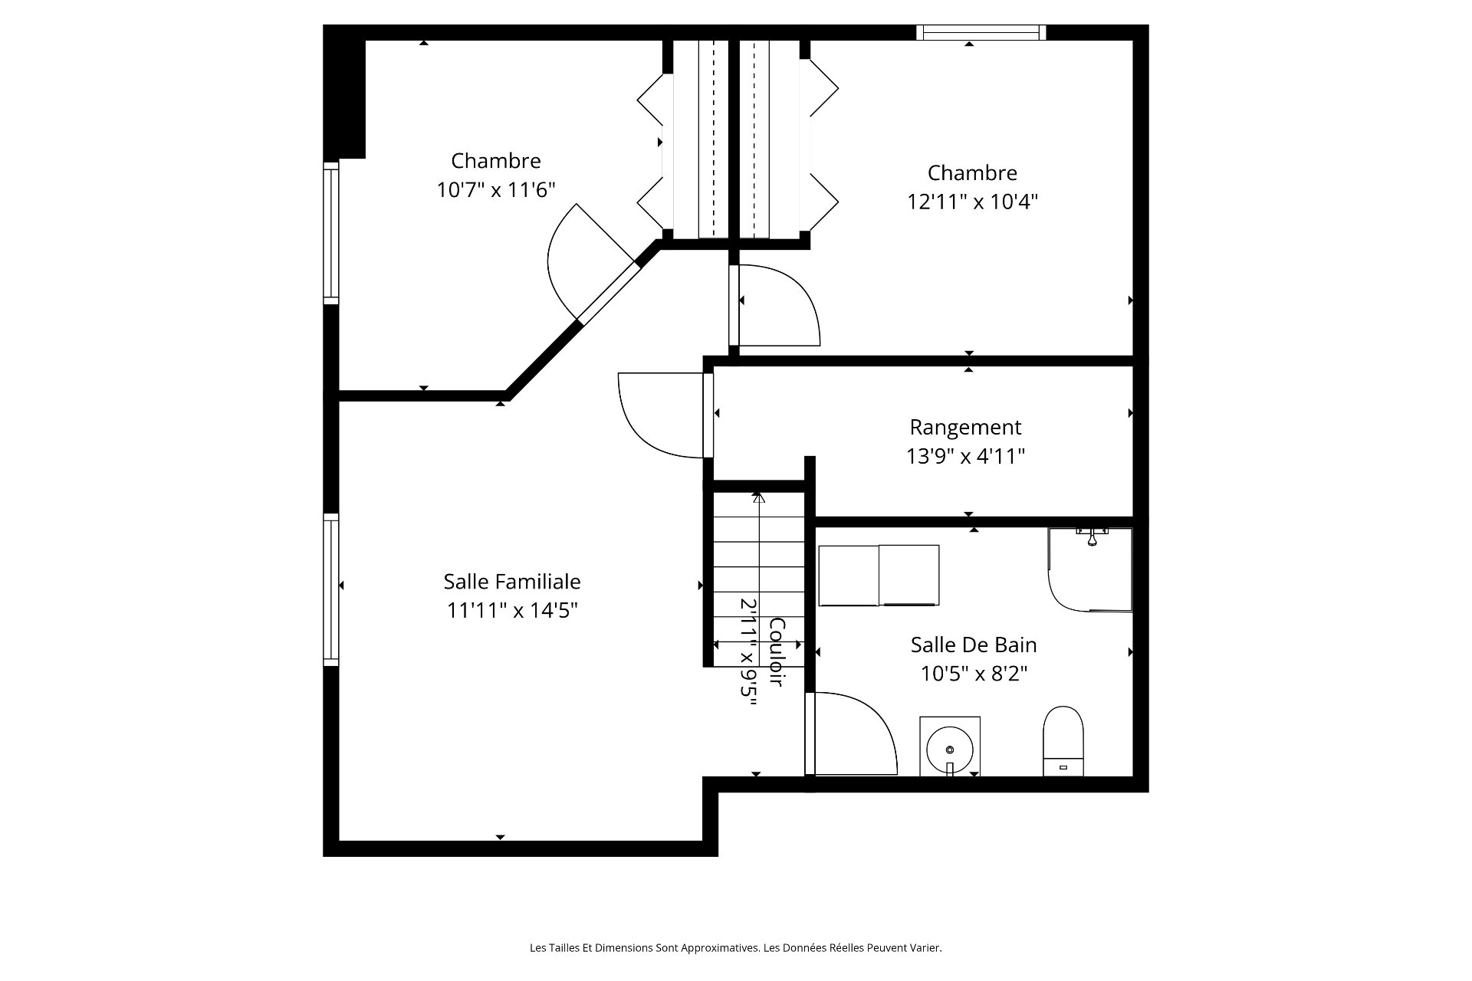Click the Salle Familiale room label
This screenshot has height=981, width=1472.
click(512, 582)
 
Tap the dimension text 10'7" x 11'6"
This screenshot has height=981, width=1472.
click(496, 189)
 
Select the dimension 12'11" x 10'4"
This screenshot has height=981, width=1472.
click(972, 202)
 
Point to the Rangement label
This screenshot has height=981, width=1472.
click(965, 427)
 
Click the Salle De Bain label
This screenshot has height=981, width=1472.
click(974, 645)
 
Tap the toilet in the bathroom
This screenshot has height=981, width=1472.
click(1063, 741)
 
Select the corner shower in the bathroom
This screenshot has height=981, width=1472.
click(1090, 569)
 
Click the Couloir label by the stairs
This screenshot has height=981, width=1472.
click(776, 651)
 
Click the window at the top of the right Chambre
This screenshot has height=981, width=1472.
click(981, 32)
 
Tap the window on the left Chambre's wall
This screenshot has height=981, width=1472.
click(331, 233)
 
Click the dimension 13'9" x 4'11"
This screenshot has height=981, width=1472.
click(965, 456)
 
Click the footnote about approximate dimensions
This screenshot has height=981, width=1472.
click(736, 948)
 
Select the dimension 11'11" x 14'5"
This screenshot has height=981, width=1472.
click(512, 611)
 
